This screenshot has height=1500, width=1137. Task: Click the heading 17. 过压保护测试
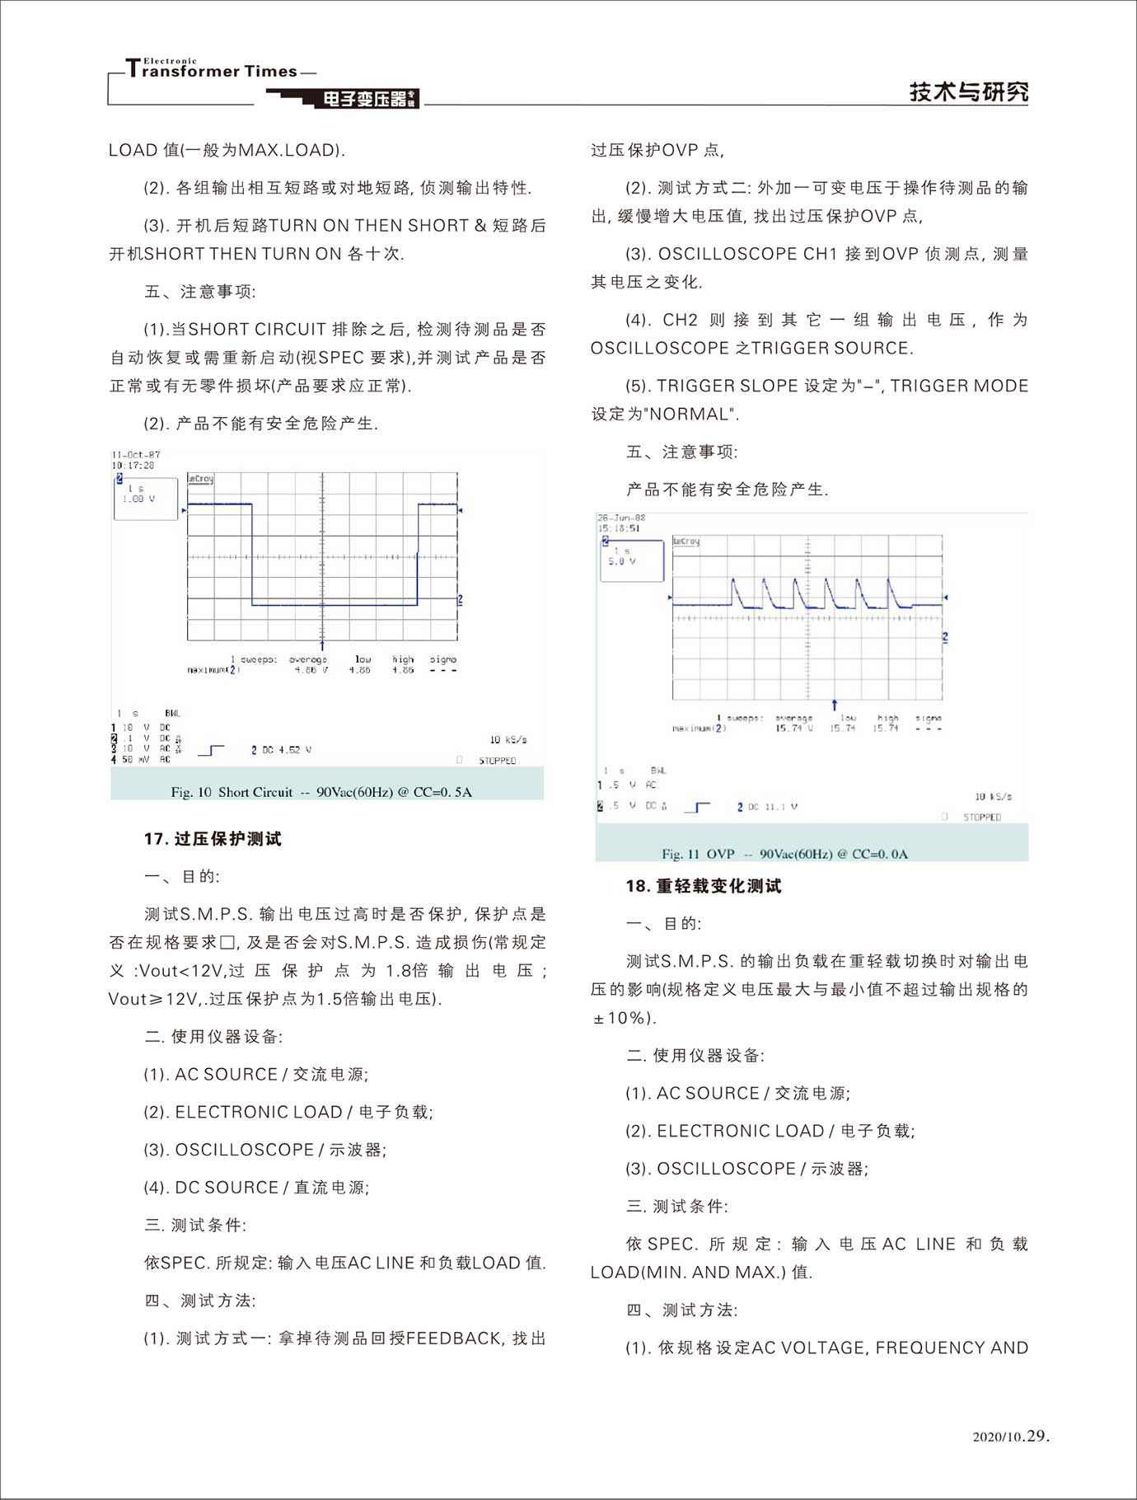[x=213, y=839]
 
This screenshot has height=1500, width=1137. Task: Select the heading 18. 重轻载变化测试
[x=703, y=886]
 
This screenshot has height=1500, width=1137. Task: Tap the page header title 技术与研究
[x=968, y=91]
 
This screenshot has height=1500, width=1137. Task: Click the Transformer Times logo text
[x=213, y=70]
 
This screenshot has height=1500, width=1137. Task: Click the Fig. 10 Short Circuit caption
[x=321, y=792]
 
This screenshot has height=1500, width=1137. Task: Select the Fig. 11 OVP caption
[x=784, y=854]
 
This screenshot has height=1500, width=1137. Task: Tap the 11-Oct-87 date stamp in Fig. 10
[x=136, y=454]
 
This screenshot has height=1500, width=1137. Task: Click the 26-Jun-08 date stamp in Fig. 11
[x=621, y=518]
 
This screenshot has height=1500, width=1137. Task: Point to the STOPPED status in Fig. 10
[x=497, y=760]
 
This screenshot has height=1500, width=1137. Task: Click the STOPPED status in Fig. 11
[x=982, y=817]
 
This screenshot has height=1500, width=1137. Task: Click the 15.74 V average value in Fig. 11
[x=794, y=729]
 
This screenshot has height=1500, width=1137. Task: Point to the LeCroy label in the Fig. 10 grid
[x=200, y=479]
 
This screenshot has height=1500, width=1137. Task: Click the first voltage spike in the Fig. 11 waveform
[x=734, y=582]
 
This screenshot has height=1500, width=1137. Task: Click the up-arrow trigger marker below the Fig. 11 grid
[x=834, y=705]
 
